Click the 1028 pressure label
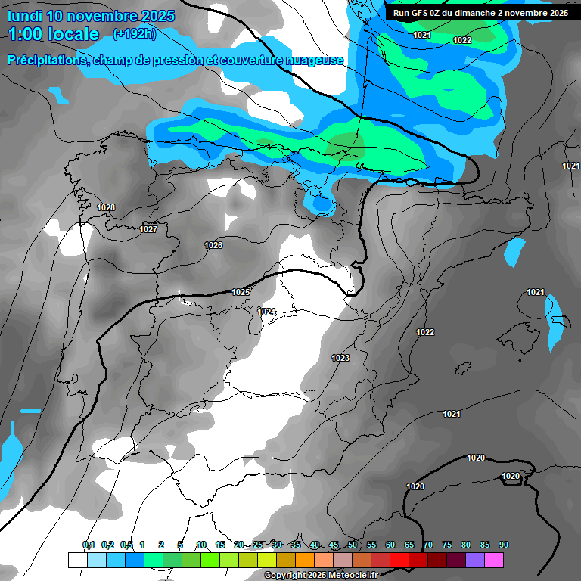[x=106, y=207]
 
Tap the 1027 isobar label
[x=148, y=229]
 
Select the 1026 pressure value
[x=213, y=245]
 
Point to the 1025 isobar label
[x=241, y=292]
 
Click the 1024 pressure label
[x=266, y=312]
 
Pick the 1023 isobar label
[x=340, y=358]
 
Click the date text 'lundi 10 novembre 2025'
[x=91, y=16]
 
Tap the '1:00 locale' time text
[x=54, y=34]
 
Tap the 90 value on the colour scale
[x=503, y=545]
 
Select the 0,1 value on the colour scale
[x=89, y=545]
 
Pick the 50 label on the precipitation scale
[x=353, y=545]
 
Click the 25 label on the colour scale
[x=258, y=545]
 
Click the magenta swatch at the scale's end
[x=494, y=560]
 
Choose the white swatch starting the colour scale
[x=77, y=560]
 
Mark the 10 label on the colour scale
[x=201, y=545]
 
